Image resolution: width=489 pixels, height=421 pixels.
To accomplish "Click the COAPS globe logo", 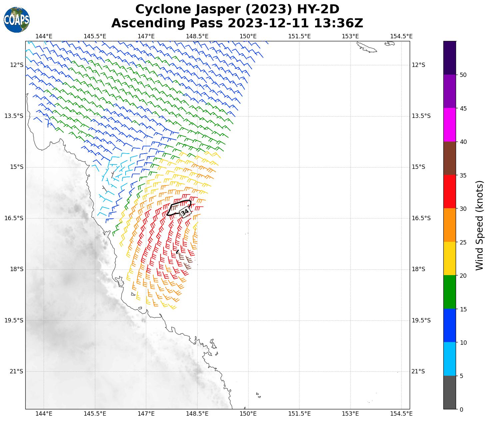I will point(16,20).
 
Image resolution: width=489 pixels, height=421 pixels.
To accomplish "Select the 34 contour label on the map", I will point(185,212).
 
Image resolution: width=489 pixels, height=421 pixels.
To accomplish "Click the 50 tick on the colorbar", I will point(463,75).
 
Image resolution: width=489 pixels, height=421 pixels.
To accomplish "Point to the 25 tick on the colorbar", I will point(463,242).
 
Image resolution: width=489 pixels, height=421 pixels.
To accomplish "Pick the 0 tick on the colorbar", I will point(461,409).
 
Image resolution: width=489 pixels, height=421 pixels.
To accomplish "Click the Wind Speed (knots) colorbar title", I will point(479,225).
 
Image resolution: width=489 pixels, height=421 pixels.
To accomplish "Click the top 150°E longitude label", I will point(248,36).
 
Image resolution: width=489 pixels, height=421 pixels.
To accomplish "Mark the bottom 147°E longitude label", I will point(146,414).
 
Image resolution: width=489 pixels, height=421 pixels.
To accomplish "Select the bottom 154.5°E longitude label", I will point(401,414).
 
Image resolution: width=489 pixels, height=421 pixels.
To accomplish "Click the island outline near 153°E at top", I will point(367,48).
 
